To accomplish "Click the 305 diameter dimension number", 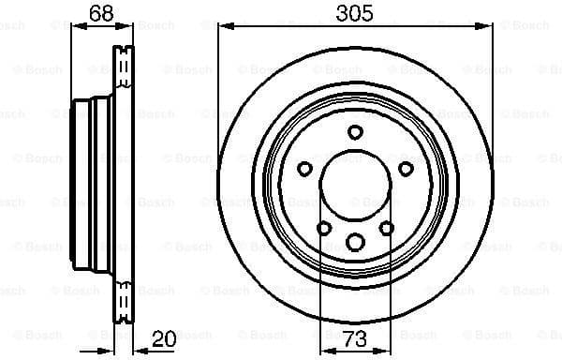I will click(354, 13).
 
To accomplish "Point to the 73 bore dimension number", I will click(354, 339).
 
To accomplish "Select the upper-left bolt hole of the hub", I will click(304, 168).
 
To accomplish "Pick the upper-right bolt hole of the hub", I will click(405, 168).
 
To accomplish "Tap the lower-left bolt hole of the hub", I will click(324, 228).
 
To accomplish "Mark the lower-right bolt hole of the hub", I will click(386, 228).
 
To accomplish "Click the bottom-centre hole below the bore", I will click(355, 244).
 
